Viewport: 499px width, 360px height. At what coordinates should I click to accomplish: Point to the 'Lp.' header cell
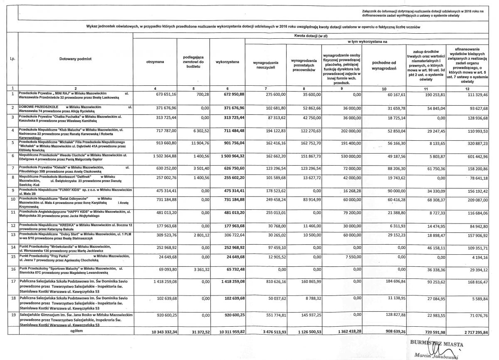[13, 59]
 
